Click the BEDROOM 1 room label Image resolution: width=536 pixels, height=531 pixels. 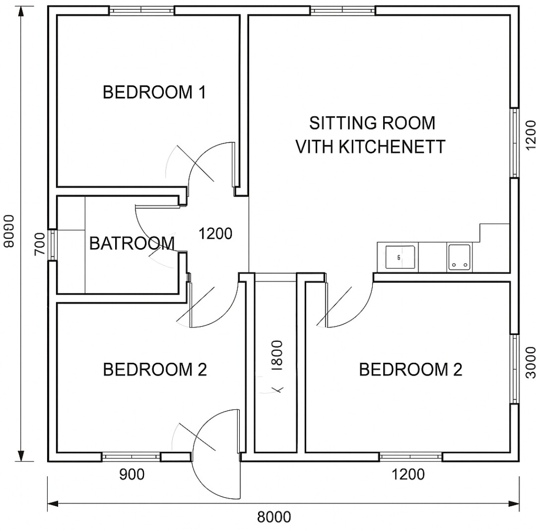154,92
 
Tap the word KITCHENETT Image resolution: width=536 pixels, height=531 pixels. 392,146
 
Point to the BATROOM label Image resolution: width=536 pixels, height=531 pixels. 132,243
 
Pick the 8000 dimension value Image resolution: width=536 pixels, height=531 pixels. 274,517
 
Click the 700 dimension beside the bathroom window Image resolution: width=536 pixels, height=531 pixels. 40,244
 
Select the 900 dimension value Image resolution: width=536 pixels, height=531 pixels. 132,474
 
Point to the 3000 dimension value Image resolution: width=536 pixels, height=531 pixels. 530,363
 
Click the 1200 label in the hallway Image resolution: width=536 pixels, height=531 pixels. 215,234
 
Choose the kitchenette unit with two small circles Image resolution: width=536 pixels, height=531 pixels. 459,258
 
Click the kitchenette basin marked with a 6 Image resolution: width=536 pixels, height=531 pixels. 400,257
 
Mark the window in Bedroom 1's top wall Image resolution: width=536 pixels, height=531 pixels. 142,10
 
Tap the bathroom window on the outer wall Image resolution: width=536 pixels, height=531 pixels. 53,245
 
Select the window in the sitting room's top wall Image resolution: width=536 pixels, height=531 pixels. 343,10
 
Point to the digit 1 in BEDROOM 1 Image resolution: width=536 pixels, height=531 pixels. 202,92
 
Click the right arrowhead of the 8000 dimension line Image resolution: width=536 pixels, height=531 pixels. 514,504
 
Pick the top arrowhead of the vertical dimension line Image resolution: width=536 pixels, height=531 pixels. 21,11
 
